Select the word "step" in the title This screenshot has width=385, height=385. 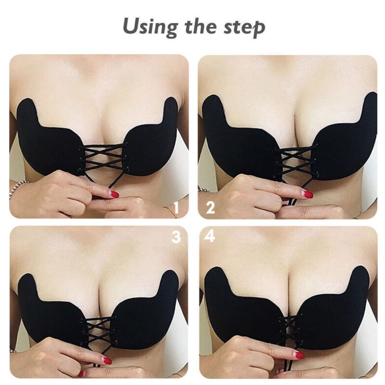244,28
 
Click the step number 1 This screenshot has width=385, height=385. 176,208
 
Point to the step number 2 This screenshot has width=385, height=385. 210,208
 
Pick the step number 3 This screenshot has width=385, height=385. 176,237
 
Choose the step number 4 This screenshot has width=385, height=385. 210,236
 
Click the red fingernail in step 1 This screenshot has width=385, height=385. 115,195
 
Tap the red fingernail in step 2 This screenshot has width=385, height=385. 308,195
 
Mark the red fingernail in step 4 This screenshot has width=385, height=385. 299,355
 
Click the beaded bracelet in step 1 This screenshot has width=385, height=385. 18,190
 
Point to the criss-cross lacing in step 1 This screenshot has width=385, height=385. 103,157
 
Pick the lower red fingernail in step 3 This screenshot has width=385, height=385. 81,374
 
